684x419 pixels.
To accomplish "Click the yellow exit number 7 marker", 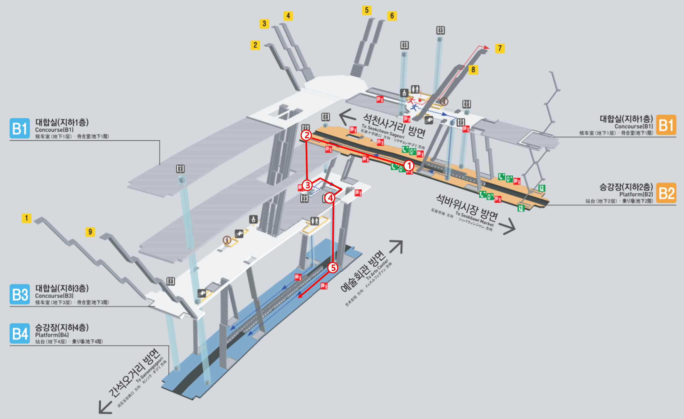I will [x=500, y=48].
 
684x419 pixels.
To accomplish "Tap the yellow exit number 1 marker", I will [x=26, y=218].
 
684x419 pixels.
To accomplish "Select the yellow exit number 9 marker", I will [x=90, y=232].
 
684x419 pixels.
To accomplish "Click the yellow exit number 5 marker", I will [x=367, y=10].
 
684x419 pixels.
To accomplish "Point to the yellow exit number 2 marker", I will [x=255, y=45].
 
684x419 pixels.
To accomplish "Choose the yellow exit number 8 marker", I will [x=473, y=69].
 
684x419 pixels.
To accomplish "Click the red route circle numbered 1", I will [x=409, y=166].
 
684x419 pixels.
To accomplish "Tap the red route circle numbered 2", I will [x=307, y=135].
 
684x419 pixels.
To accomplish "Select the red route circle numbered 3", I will [x=307, y=185].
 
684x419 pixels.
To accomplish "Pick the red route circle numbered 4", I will [x=330, y=198].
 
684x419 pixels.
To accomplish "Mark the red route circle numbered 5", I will [x=333, y=267].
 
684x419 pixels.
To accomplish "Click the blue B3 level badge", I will [x=20, y=294].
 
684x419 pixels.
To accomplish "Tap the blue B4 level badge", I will [x=20, y=333].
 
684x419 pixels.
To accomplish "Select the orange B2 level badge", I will [x=666, y=193].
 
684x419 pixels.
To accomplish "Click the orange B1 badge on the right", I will [x=666, y=125].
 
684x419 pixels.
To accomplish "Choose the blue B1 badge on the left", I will [x=20, y=128].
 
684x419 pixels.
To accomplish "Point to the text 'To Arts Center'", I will [x=377, y=270].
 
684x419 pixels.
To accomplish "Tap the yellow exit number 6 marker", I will [x=392, y=16].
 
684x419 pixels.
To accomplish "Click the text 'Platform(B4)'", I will [x=52, y=335].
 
